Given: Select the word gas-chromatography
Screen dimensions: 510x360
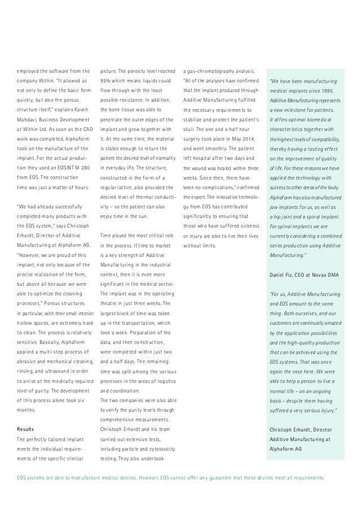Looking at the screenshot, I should tap(214, 71).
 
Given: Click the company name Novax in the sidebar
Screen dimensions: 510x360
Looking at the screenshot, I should tap(319, 274).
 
